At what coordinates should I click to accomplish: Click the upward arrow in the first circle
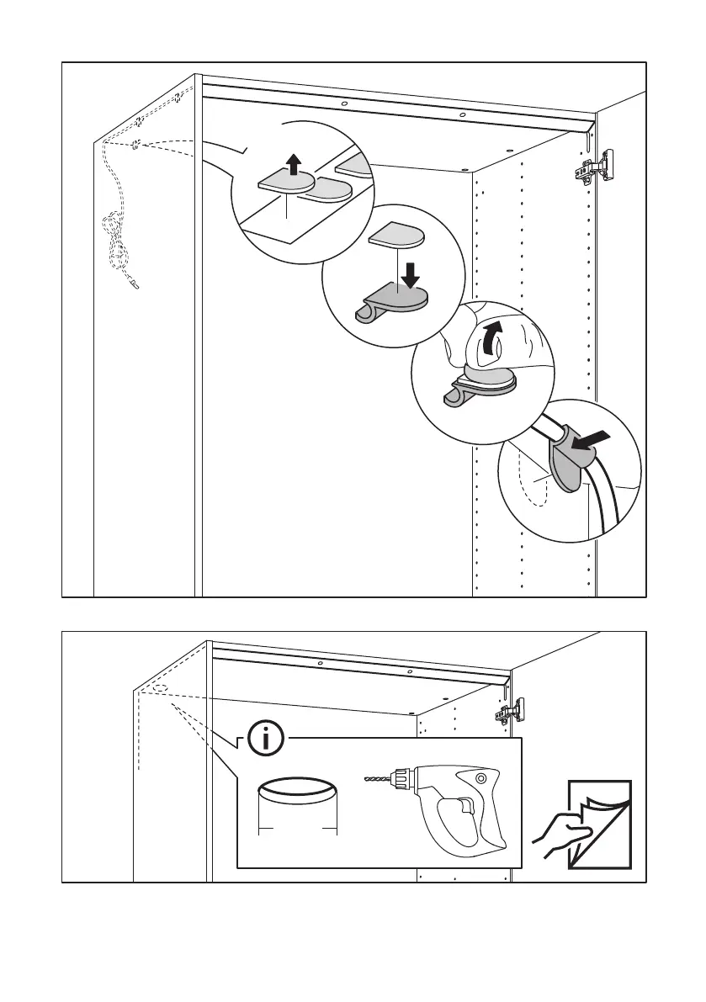pyautogui.click(x=293, y=164)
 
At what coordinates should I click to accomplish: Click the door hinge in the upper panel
pyautogui.click(x=595, y=168)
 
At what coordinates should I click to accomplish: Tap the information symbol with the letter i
pyautogui.click(x=268, y=740)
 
